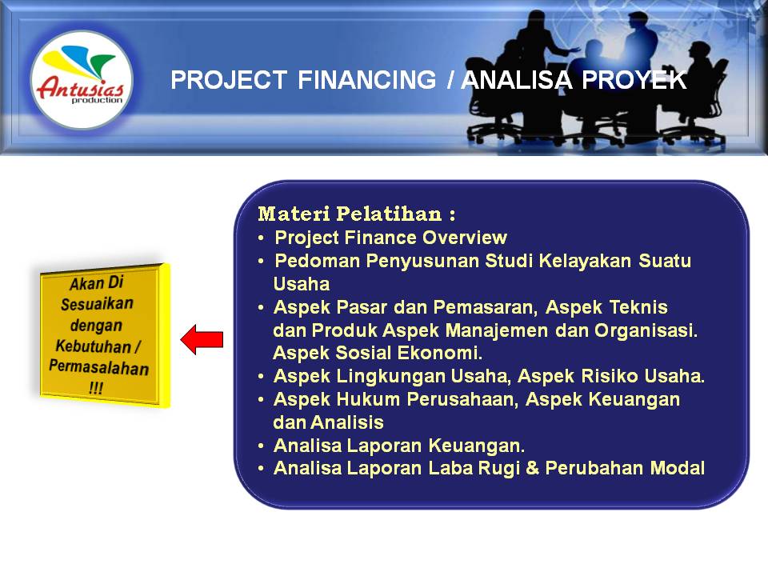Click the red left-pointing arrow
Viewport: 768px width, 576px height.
point(202,339)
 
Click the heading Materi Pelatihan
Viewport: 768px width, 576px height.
point(357,214)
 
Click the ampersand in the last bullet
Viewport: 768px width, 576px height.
point(530,469)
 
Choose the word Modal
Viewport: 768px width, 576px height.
point(678,469)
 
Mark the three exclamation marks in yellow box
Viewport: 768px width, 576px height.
point(97,388)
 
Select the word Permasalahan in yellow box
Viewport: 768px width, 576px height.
point(98,368)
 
